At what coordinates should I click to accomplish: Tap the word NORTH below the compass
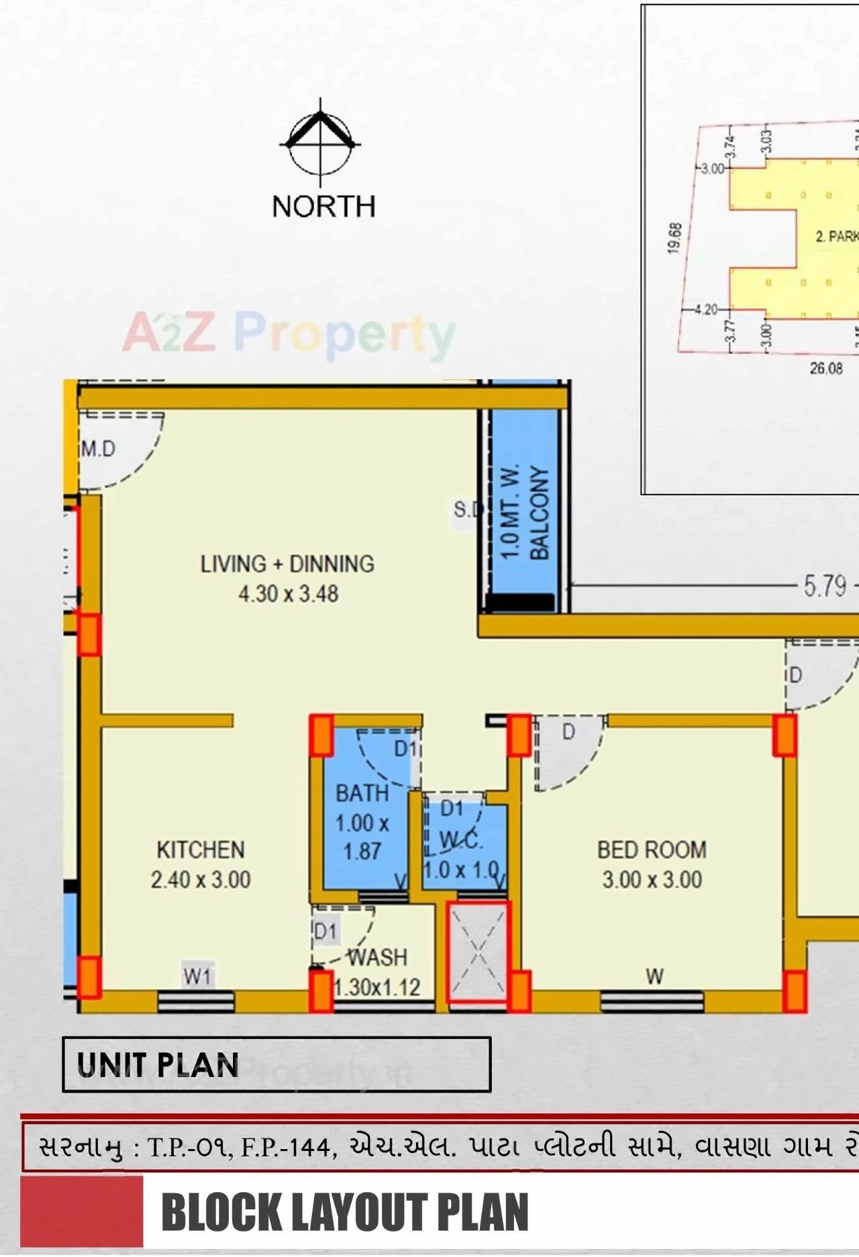(323, 206)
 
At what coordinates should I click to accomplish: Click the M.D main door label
(98, 449)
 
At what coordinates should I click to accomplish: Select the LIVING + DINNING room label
(287, 563)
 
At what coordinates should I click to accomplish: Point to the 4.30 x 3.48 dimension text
(288, 594)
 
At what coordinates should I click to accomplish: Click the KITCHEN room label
(200, 850)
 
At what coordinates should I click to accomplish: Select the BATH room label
(362, 793)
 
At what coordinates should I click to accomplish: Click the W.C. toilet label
(461, 840)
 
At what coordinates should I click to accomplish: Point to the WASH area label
(377, 957)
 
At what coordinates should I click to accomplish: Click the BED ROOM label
(652, 850)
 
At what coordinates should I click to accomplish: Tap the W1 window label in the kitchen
(198, 977)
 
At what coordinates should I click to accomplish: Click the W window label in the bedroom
(654, 976)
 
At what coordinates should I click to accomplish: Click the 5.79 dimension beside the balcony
(825, 587)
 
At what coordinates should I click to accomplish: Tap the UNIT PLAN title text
(158, 1064)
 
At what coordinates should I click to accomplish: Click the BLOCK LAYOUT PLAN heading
(344, 1212)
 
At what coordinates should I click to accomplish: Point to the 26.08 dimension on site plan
(826, 368)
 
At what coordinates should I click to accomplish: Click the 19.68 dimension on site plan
(675, 238)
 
